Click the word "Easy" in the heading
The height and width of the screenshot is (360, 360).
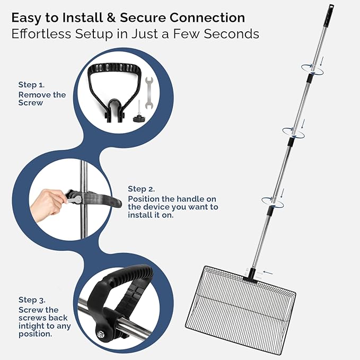31,17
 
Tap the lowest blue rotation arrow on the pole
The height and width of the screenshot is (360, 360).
271,201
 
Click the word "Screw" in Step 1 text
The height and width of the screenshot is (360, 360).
31,102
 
